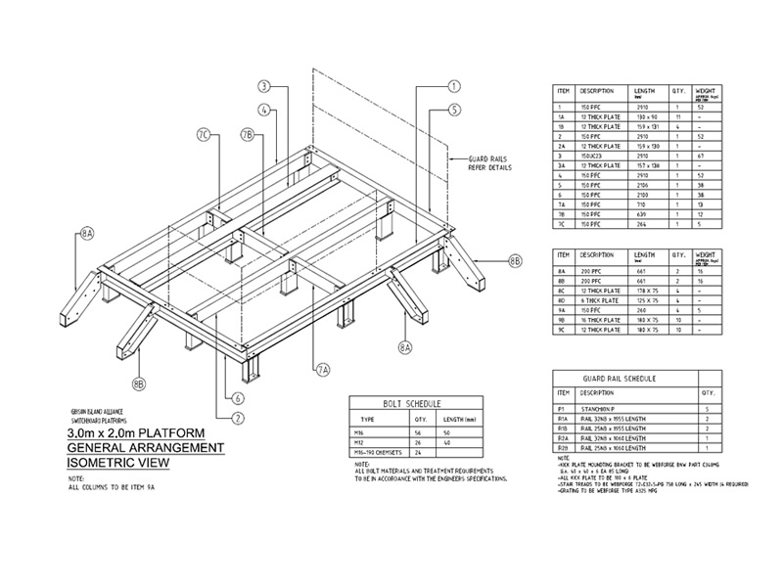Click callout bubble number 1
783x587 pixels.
click(x=453, y=86)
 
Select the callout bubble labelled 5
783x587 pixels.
click(x=453, y=110)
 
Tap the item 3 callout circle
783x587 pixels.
click(x=264, y=85)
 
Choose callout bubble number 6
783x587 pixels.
click(x=238, y=398)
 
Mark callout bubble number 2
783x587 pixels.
click(x=238, y=418)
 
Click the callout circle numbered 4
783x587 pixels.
click(x=264, y=110)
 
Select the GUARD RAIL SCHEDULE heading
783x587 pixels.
click(x=619, y=378)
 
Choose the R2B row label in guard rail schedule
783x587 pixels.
click(x=561, y=447)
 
